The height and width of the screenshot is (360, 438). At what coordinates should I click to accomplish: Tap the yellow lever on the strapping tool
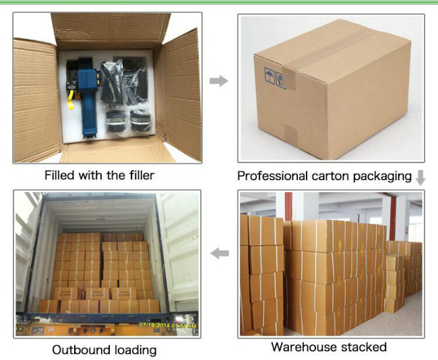[x=71, y=100]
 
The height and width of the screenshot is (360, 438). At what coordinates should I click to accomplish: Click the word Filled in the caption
[x=59, y=175]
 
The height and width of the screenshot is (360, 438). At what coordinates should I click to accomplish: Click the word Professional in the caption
[x=272, y=176]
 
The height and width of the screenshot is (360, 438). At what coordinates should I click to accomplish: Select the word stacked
[x=364, y=347]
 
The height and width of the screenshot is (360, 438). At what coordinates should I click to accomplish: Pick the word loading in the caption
[x=134, y=351]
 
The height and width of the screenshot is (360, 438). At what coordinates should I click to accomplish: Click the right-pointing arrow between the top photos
[x=219, y=81]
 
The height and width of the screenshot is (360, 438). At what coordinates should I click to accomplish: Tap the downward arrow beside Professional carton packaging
[x=420, y=178]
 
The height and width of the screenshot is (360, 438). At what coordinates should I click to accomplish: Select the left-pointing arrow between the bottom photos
[x=220, y=253]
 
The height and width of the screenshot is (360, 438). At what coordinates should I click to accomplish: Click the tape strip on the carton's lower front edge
[x=291, y=136]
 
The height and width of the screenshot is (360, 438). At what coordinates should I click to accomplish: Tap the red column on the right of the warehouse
[x=393, y=218]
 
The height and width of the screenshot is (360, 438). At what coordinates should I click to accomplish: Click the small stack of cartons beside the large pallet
[x=394, y=283]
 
